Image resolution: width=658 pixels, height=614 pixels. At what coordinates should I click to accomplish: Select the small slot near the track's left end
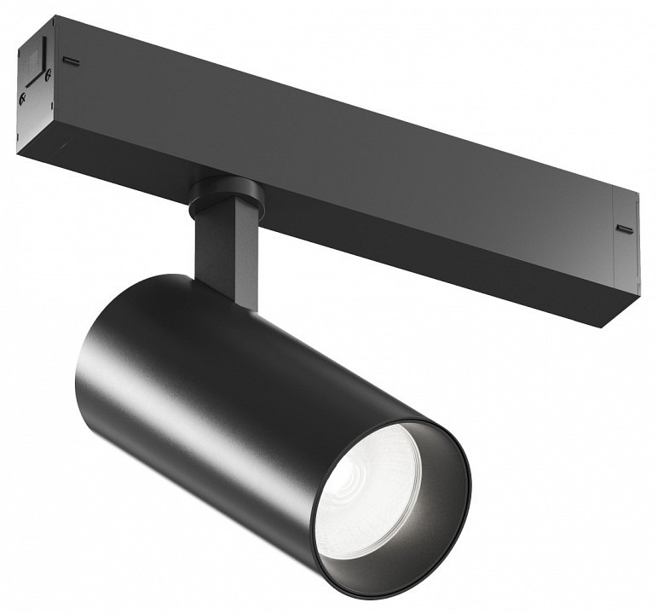72,61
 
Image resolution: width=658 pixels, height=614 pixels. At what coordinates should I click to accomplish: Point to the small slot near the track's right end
625,229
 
